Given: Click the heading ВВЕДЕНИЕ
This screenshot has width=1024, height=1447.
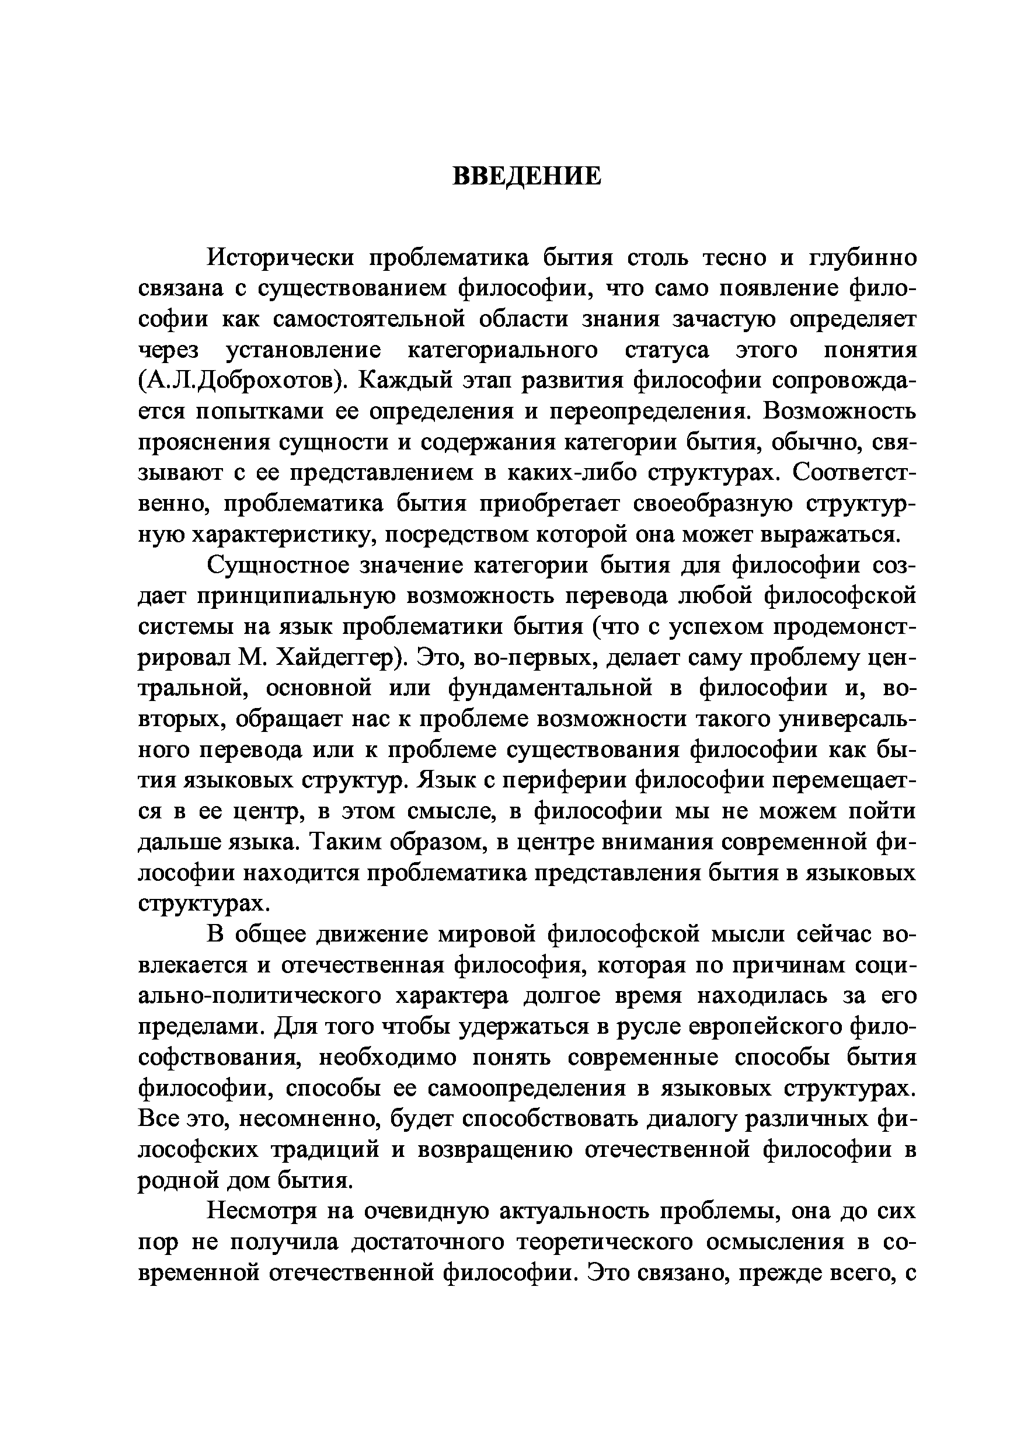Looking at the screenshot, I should pyautogui.click(x=527, y=176).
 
